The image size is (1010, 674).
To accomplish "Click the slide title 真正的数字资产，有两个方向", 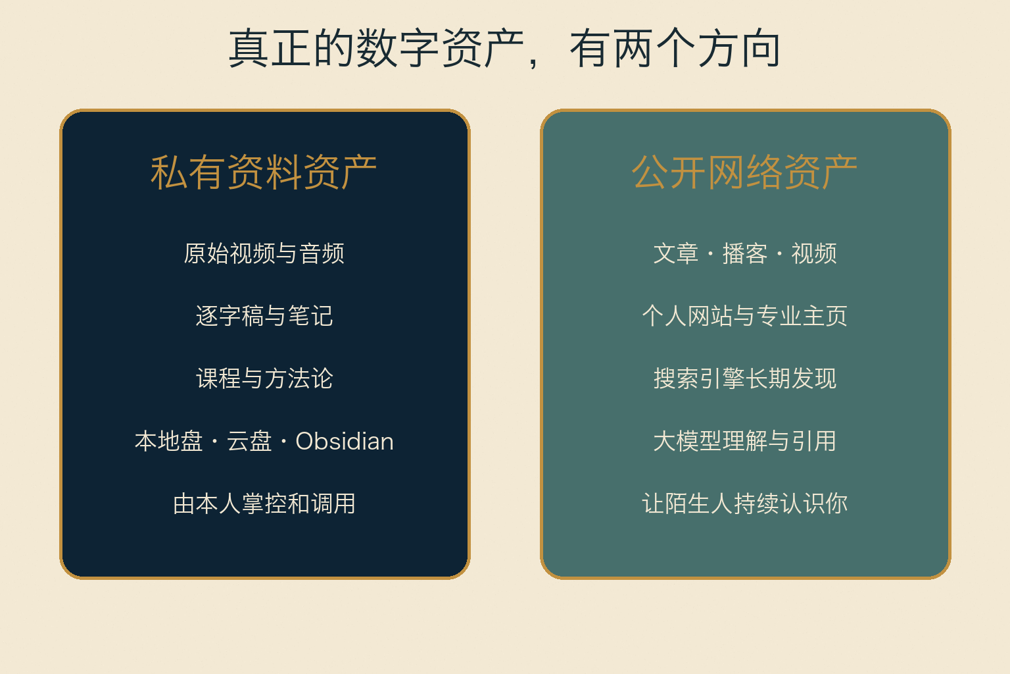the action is [504, 48].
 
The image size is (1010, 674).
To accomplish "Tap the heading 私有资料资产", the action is [264, 172].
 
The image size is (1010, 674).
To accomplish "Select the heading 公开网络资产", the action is [744, 172].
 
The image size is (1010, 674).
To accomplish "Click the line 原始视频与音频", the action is [264, 253].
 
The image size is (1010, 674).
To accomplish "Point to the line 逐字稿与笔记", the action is [264, 315].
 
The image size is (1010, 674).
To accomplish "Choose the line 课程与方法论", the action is [264, 378].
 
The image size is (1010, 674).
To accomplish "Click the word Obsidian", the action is [345, 441].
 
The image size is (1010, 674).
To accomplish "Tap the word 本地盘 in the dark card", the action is [168, 441].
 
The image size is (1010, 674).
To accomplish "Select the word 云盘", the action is [249, 441].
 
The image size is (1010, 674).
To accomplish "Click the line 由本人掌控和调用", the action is [264, 504].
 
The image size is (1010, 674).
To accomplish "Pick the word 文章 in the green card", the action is [676, 253].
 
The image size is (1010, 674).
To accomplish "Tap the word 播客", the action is [745, 253].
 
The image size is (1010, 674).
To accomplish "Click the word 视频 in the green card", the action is [814, 253].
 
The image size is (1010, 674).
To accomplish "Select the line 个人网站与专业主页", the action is [745, 315].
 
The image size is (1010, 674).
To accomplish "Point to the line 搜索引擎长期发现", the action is [745, 378].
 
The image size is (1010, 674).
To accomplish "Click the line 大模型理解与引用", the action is [745, 441].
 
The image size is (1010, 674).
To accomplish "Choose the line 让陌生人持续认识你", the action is [745, 504].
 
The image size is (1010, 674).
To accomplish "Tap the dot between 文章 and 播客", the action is [711, 253].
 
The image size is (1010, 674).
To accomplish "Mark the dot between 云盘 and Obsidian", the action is [283, 442].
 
